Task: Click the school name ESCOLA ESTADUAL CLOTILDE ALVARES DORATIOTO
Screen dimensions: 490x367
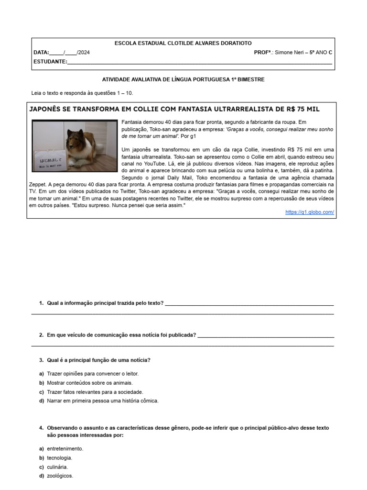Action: coord(183,43)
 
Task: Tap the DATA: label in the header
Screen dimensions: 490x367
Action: coord(41,52)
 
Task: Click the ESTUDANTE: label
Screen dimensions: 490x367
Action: coord(50,61)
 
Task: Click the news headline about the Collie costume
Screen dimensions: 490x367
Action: coord(174,109)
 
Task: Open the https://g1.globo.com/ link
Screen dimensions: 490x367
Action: coord(309,212)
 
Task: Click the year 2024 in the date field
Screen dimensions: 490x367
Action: coord(84,52)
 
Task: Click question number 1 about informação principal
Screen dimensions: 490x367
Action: coord(105,303)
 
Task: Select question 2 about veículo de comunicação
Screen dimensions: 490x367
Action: coord(121,335)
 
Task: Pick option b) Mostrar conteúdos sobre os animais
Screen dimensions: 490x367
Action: coord(89,383)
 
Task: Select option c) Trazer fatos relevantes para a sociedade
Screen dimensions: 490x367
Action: coord(95,392)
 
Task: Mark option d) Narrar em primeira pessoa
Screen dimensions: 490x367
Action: coord(102,401)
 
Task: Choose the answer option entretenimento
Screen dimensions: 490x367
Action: coord(65,449)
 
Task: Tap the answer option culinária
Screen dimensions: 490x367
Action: coord(57,467)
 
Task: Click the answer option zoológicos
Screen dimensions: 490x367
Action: coord(60,476)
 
